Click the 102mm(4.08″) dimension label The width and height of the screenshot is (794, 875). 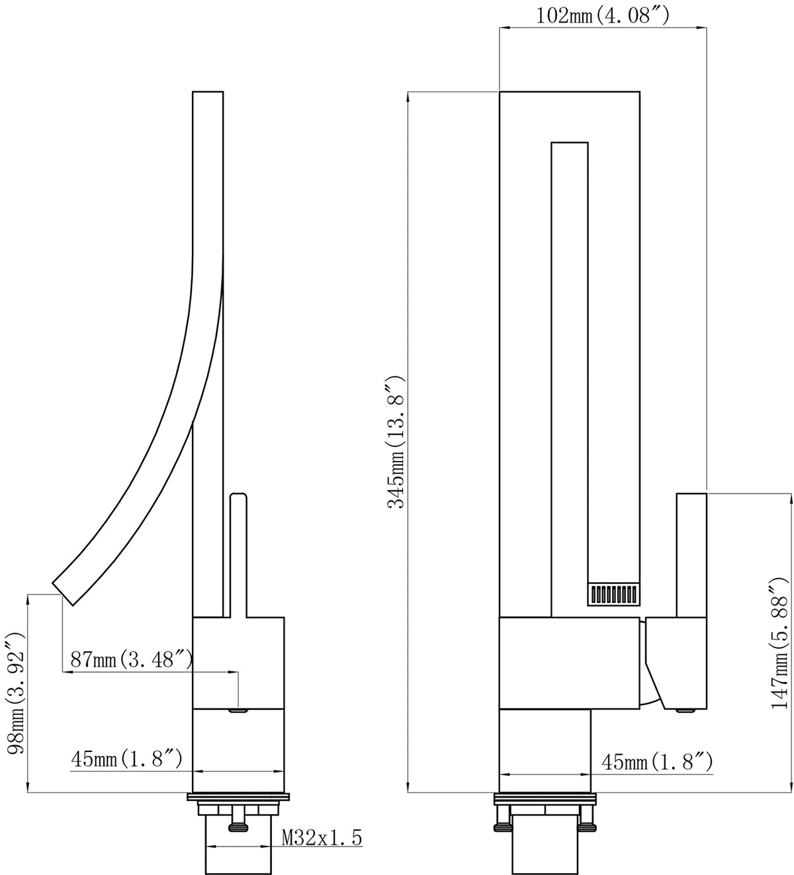602,16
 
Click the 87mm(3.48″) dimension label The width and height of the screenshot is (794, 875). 132,660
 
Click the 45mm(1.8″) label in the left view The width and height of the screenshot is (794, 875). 126,759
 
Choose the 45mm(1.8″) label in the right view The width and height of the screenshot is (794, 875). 657,762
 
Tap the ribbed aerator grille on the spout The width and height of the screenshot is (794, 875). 614,594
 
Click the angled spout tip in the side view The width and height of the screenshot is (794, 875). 62,594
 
